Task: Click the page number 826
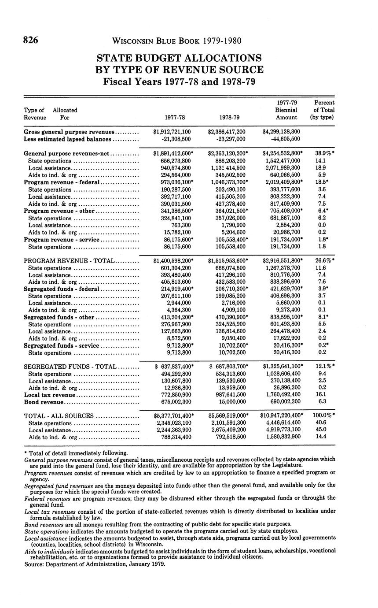(31, 41)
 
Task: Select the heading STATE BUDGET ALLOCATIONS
(179, 58)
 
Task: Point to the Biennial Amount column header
(286, 114)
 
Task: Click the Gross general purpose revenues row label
(69, 132)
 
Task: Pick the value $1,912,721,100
(172, 132)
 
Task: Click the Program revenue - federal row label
(62, 182)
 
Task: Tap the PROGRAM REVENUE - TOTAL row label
(69, 260)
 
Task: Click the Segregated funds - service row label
(61, 346)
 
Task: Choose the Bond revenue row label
(44, 402)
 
